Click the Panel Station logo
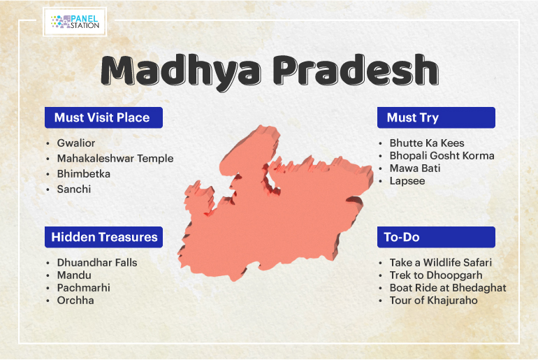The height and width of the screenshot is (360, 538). tap(75, 22)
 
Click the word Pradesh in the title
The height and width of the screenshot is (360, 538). tap(356, 71)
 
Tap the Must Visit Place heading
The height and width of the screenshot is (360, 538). tap(103, 117)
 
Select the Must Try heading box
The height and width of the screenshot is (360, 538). tap(436, 117)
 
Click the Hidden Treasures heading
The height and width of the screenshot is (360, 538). tap(103, 237)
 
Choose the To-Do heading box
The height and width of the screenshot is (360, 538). tap(436, 237)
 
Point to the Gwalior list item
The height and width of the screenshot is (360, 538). tap(76, 143)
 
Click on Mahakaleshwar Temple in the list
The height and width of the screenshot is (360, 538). tap(115, 159)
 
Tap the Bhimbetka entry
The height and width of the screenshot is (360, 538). tap(84, 174)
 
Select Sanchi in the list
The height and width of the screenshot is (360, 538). tap(74, 189)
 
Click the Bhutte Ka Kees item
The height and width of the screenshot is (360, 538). tap(427, 143)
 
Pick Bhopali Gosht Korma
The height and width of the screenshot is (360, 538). tap(442, 156)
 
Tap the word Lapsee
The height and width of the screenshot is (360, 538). tap(407, 181)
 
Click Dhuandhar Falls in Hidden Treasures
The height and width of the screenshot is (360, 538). tap(97, 263)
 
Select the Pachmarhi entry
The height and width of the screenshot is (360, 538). tap(84, 288)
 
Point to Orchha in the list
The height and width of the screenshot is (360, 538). tap(75, 301)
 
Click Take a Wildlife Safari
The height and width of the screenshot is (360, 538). tap(441, 263)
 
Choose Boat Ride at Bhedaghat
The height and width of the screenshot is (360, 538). tap(448, 288)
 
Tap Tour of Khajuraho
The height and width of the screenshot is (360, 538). tap(433, 301)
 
